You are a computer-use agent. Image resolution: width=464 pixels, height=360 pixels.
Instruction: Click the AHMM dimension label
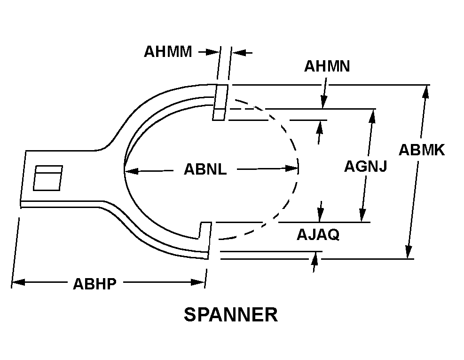(168, 51)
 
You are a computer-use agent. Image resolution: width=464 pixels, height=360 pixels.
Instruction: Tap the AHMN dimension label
(327, 66)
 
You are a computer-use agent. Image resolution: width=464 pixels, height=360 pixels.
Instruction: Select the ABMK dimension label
(422, 150)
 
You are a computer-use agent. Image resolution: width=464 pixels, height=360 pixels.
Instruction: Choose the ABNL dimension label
(205, 169)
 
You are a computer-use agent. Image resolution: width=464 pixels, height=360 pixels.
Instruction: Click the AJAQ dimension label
(318, 234)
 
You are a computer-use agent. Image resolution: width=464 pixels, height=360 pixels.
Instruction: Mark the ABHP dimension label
(94, 284)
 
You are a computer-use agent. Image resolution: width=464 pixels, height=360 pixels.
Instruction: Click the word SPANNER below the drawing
(230, 315)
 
